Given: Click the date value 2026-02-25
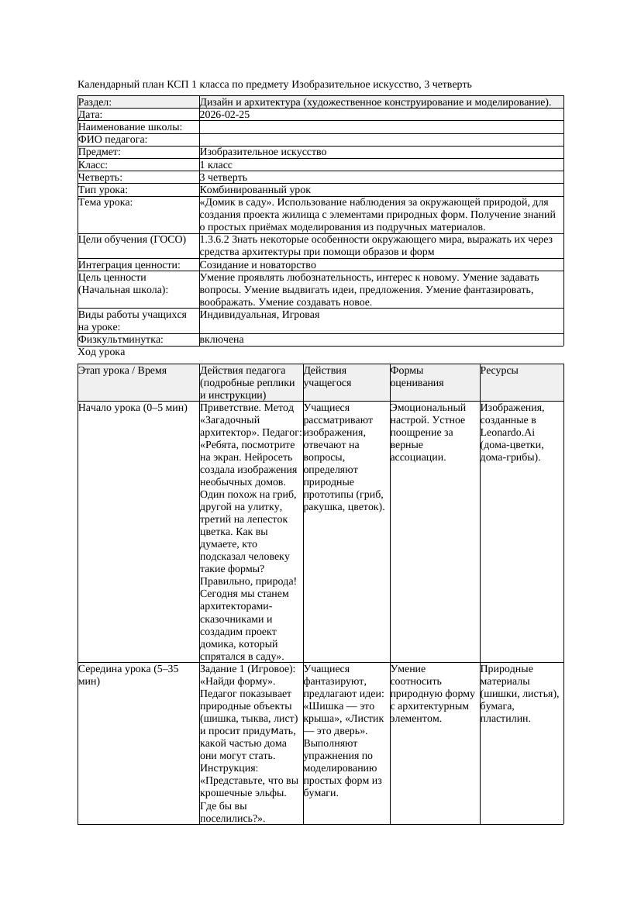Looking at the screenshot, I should pos(225,115).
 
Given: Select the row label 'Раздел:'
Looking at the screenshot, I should pos(95,102).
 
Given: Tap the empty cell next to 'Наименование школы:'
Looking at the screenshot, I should pos(381,127).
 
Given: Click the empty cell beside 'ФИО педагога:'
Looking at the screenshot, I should pos(381,140).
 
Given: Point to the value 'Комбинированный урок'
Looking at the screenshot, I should pos(255,190).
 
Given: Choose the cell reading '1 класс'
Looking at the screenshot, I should pos(216,165).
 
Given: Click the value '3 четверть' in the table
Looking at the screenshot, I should pos(223,178).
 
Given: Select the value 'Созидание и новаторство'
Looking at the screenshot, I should pos(257,265).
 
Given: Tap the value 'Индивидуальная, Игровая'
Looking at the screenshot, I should pos(260,316).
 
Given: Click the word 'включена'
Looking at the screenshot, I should pos(222,340).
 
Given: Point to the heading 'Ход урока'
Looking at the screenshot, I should pos(102,352).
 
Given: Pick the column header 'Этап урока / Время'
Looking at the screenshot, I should pos(122,371).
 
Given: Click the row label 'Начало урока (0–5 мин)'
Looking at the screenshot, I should pos(133,408).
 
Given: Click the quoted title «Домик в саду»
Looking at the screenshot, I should pos(233,202).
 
